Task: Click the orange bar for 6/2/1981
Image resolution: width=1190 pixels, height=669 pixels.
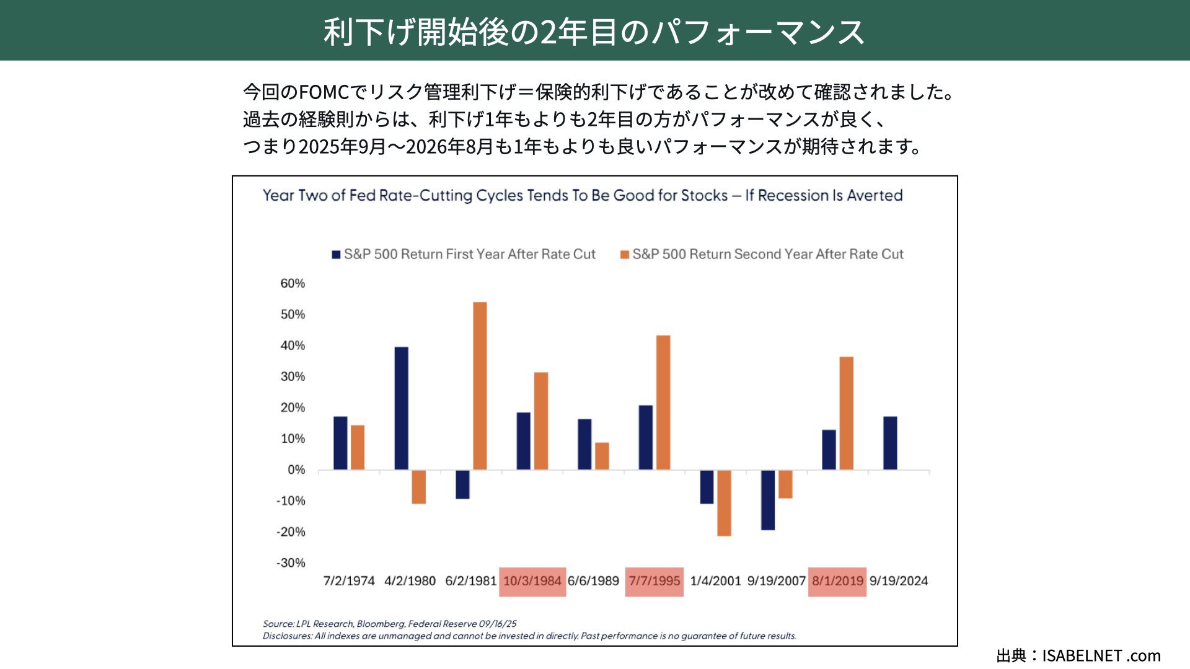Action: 480,385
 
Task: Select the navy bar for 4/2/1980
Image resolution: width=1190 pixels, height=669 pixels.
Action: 401,408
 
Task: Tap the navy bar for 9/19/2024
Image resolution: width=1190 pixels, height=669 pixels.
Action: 890,443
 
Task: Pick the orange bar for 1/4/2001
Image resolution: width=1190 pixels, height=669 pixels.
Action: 724,502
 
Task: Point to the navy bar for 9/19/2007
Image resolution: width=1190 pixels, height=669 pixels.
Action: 768,500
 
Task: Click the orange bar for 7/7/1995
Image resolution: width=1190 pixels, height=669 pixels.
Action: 663,402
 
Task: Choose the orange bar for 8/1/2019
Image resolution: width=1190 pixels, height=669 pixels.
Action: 846,413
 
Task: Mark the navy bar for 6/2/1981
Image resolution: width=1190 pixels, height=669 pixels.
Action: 462,484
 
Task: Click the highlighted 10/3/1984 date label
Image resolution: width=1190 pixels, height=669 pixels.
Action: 532,581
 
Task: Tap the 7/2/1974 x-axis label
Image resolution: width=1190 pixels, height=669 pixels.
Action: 349,581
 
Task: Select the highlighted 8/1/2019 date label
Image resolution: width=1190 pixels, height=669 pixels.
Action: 837,581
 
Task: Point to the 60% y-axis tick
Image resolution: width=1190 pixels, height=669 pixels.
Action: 293,284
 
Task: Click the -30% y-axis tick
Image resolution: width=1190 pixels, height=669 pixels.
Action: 291,563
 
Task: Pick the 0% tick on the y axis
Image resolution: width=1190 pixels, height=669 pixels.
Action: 296,470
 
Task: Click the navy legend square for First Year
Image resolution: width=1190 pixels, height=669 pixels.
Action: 336,255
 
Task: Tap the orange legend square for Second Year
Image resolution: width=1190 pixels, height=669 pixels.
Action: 625,255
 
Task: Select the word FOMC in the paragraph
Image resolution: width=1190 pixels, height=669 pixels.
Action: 324,92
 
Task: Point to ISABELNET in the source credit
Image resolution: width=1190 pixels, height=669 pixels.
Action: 1082,655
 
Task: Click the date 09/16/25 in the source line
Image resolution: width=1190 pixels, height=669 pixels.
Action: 497,624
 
